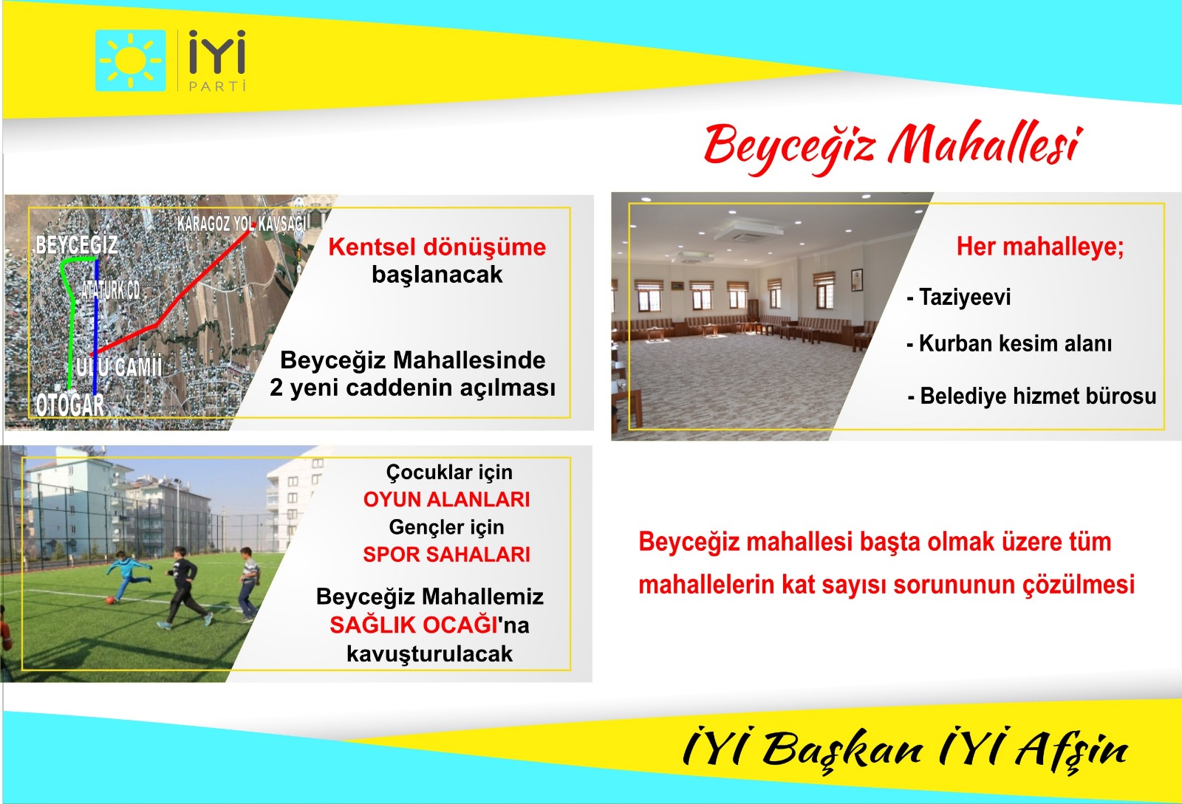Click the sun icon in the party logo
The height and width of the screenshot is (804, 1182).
130,61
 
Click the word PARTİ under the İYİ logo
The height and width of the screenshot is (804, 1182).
217,86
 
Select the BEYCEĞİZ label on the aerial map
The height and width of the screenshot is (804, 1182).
77,245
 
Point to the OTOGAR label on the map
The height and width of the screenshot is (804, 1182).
70,405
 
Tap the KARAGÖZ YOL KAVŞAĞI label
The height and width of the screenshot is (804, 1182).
242,224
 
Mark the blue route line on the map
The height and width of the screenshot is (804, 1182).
95,327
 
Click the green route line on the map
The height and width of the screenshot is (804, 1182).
72,316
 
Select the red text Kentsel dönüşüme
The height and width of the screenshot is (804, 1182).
437,247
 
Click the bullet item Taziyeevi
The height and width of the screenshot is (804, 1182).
959,298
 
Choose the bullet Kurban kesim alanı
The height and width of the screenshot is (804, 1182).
1009,344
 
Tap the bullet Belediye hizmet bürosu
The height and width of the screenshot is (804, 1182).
1031,396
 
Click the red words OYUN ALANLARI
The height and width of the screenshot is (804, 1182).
446,499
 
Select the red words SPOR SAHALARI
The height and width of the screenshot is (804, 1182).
446,554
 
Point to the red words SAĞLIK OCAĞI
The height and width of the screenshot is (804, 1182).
414,625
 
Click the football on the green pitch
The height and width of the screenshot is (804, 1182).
110,600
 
